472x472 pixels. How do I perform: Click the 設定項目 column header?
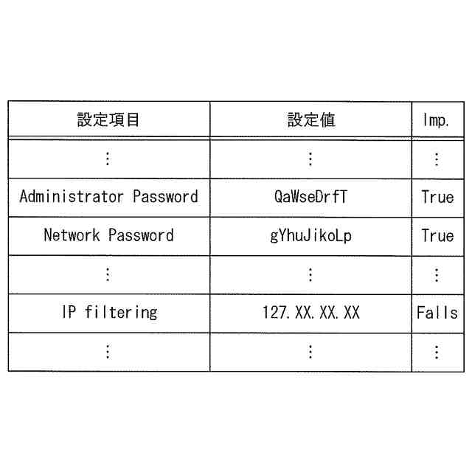pos(108,119)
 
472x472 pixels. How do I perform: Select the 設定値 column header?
pos(310,119)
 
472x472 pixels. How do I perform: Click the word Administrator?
pos(72,197)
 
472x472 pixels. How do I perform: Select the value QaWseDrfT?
pos(310,197)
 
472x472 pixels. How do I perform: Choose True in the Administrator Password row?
pos(437,197)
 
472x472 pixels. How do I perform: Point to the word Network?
pos(72,236)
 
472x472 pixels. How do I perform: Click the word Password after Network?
pos(141,236)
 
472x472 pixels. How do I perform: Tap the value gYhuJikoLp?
pos(310,236)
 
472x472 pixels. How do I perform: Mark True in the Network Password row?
pos(437,236)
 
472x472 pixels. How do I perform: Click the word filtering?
pos(121,312)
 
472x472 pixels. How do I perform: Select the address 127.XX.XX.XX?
pos(310,313)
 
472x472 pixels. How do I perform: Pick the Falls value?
pos(437,313)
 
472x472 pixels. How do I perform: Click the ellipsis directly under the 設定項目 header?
pos(108,159)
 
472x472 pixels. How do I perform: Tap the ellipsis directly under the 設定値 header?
pos(310,159)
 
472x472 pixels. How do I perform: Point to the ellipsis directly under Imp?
pos(437,159)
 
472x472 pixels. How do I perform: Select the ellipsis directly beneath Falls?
pos(437,352)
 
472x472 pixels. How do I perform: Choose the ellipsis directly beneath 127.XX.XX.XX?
pos(310,352)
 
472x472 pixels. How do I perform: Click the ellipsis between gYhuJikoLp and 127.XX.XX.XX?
pos(310,274)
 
